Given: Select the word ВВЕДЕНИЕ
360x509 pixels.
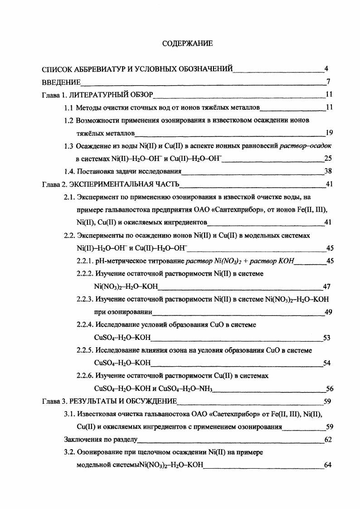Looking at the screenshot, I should [61, 82].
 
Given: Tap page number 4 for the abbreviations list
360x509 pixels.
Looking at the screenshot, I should [326, 69].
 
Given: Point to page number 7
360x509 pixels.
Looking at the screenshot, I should [327, 82].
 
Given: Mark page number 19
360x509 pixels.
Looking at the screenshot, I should [330, 133].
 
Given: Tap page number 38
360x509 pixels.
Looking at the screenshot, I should [330, 171].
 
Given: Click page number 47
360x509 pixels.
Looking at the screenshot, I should [326, 286].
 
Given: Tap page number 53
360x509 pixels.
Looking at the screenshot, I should [326, 338].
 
